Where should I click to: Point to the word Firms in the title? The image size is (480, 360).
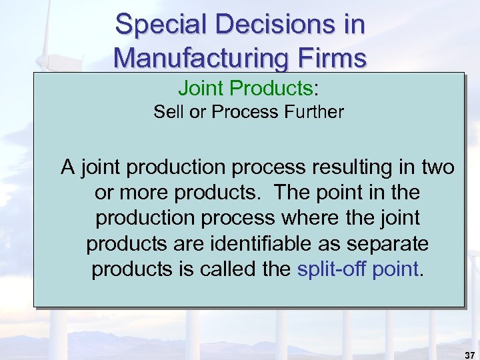coord(331,57)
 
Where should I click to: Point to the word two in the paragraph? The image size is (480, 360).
coord(437,167)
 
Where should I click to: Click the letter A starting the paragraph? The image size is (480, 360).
coord(67,167)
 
